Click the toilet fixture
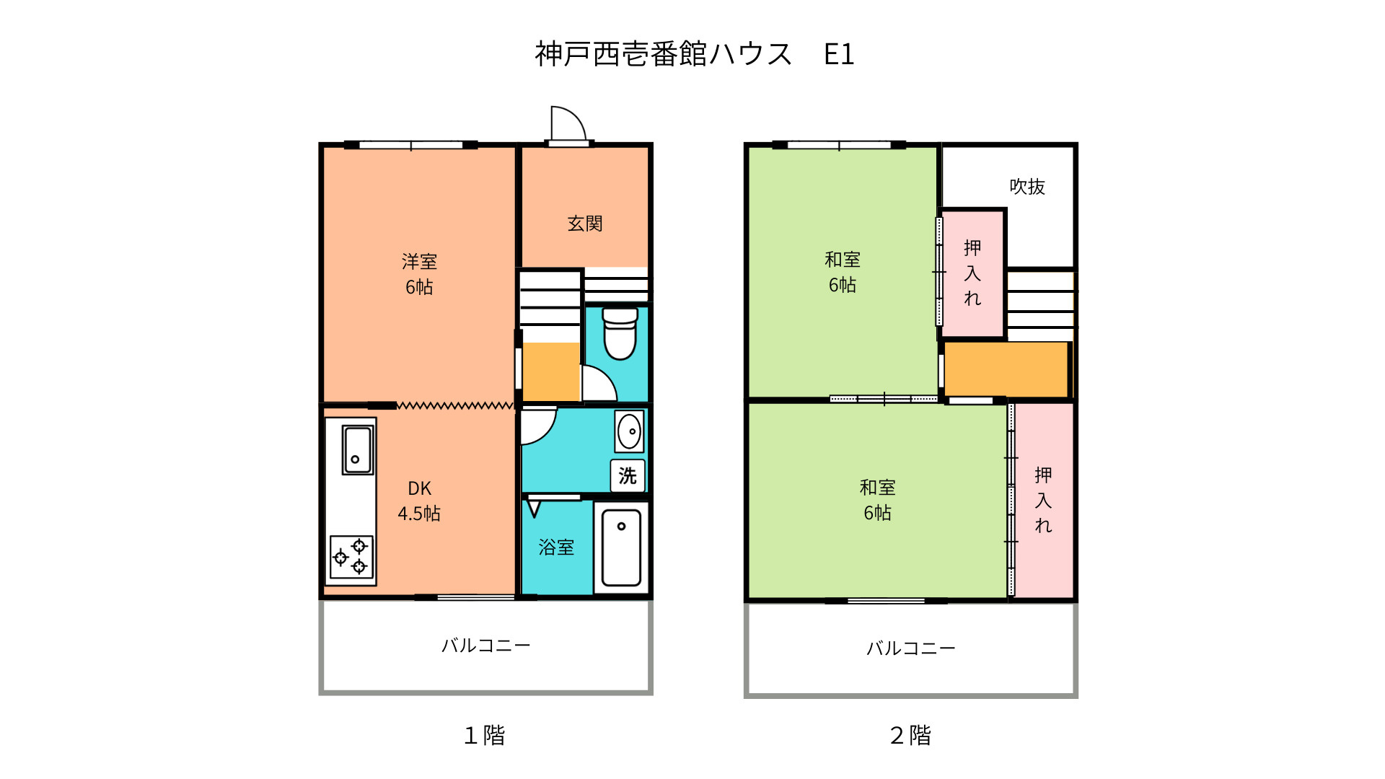tap(620, 333)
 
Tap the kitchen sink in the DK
tap(358, 450)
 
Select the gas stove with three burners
tap(351, 558)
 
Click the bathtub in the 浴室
tap(621, 547)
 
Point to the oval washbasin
tap(630, 431)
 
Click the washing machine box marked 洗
tap(627, 476)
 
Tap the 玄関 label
tap(584, 224)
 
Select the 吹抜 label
tap(1026, 187)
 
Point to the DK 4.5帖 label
tap(419, 501)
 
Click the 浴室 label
tap(556, 547)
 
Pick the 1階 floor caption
tap(484, 735)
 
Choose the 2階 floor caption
tap(910, 735)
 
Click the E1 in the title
tap(839, 55)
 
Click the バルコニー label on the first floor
tap(485, 646)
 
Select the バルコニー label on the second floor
tap(910, 648)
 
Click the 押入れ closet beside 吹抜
tap(972, 273)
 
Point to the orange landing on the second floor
tap(1006, 369)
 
